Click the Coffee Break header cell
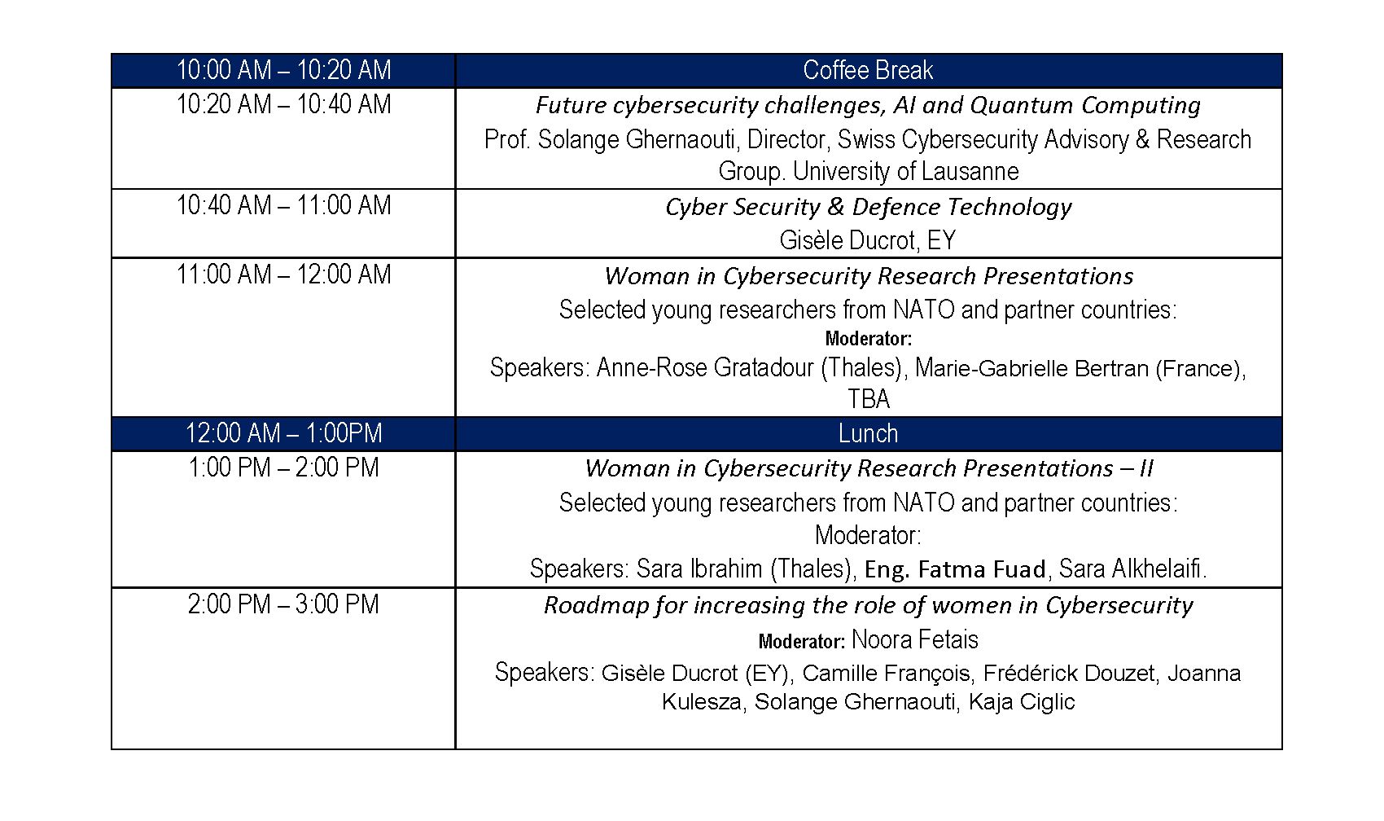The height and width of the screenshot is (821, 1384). (868, 71)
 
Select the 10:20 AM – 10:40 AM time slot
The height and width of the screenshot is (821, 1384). (283, 105)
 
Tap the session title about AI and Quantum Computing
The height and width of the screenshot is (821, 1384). (868, 106)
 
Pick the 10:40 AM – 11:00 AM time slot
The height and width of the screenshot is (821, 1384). (283, 206)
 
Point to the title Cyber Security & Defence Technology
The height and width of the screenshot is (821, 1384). (868, 208)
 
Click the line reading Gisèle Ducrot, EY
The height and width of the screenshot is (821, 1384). (868, 240)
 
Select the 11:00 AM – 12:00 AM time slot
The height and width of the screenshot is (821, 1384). (283, 274)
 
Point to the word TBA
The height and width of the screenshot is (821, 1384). (868, 400)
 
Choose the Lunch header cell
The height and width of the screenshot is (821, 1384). (868, 433)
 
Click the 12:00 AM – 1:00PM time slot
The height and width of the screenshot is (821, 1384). (283, 433)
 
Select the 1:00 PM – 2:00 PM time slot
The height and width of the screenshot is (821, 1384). (283, 468)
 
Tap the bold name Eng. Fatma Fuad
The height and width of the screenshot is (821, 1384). (955, 569)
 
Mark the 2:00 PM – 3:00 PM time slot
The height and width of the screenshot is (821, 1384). (283, 605)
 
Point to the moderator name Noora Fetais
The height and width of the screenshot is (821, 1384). (914, 640)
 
